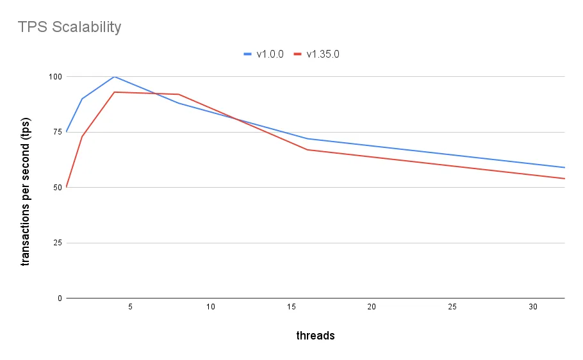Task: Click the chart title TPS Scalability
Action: tap(69, 27)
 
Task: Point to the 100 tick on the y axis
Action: tap(55, 77)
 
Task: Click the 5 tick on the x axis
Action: tap(130, 307)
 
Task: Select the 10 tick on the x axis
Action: tap(211, 307)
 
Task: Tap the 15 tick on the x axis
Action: tap(291, 307)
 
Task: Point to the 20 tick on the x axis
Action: tap(372, 307)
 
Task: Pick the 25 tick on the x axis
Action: tap(452, 307)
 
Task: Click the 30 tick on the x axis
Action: tap(533, 307)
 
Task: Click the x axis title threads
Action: tap(315, 336)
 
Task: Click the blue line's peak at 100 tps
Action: tap(114, 76)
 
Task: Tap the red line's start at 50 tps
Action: tap(66, 187)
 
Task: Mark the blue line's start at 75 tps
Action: tap(66, 132)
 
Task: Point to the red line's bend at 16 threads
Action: tap(308, 150)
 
